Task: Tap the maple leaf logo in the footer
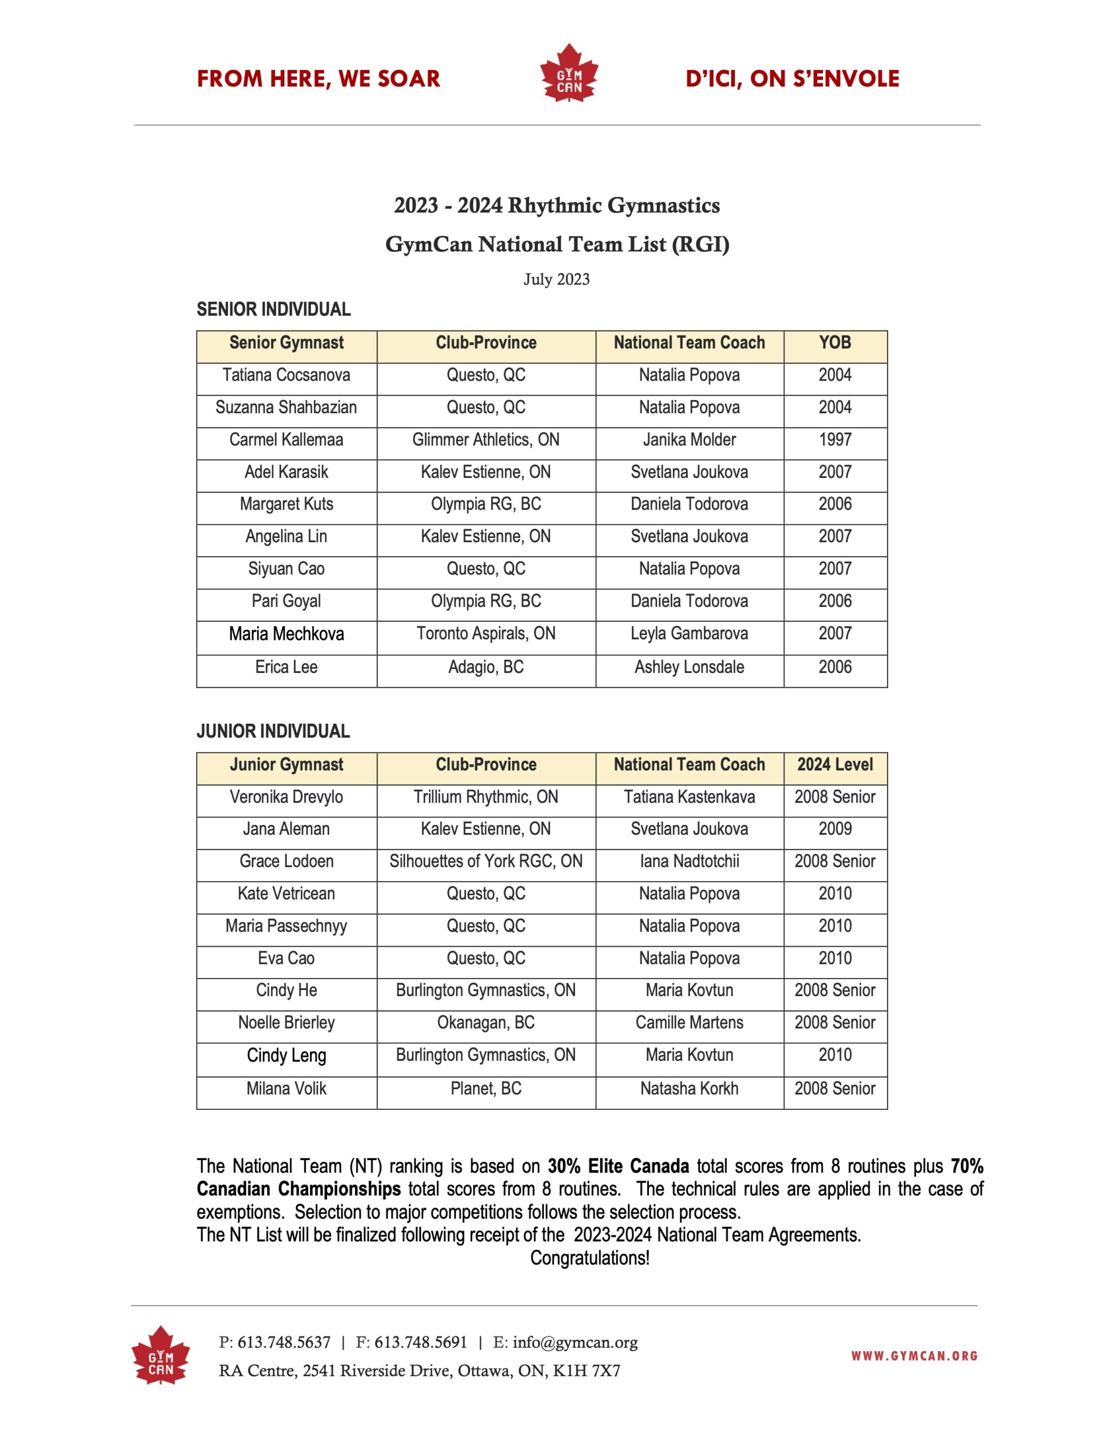pos(161,1356)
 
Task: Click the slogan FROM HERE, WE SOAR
pos(318,78)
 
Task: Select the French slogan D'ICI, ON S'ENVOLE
pos(792,78)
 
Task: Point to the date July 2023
pos(556,280)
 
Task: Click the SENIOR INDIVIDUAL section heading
pos(273,309)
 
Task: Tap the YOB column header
pos(835,343)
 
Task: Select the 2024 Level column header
pos(835,764)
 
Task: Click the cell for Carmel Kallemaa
pos(286,440)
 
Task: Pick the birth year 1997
pos(835,440)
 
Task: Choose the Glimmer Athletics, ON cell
pos(486,440)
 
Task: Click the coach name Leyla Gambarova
pos(689,634)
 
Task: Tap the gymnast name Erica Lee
pos(286,667)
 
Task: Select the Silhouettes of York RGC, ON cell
pos(486,861)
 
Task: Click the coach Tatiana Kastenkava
pos(689,797)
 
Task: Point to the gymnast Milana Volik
pos(286,1089)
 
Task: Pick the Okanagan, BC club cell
pos(486,1023)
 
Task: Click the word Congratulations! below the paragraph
pos(590,1258)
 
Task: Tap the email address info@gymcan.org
pos(575,1343)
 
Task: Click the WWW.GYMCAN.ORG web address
pos(914,1356)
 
